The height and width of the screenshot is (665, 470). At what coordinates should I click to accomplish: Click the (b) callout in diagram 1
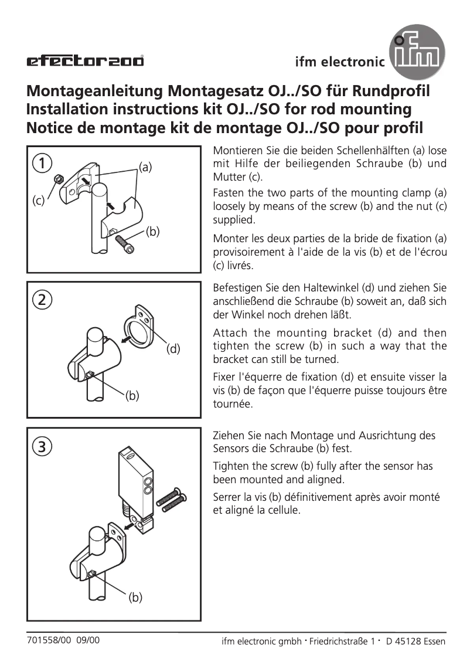coord(153,231)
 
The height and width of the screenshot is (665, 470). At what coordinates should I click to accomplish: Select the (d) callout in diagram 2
coord(173,349)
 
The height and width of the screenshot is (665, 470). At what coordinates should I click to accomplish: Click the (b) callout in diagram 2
coord(132,396)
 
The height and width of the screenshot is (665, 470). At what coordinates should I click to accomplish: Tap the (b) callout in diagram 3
coord(135,598)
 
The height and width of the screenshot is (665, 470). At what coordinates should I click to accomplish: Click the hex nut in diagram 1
coord(57,178)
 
